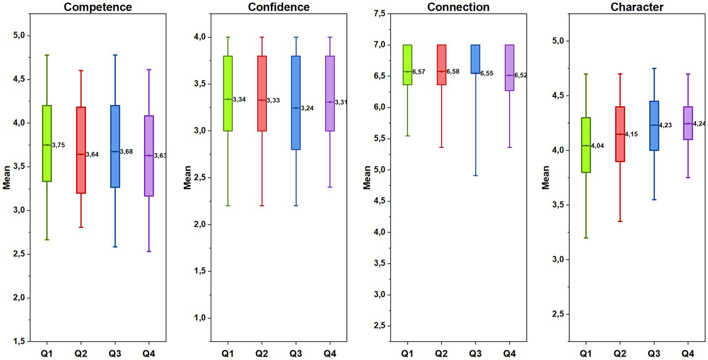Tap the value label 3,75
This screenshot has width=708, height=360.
tap(59, 145)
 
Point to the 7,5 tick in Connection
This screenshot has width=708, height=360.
tap(380, 14)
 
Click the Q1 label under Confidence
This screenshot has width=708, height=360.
tap(227, 354)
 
